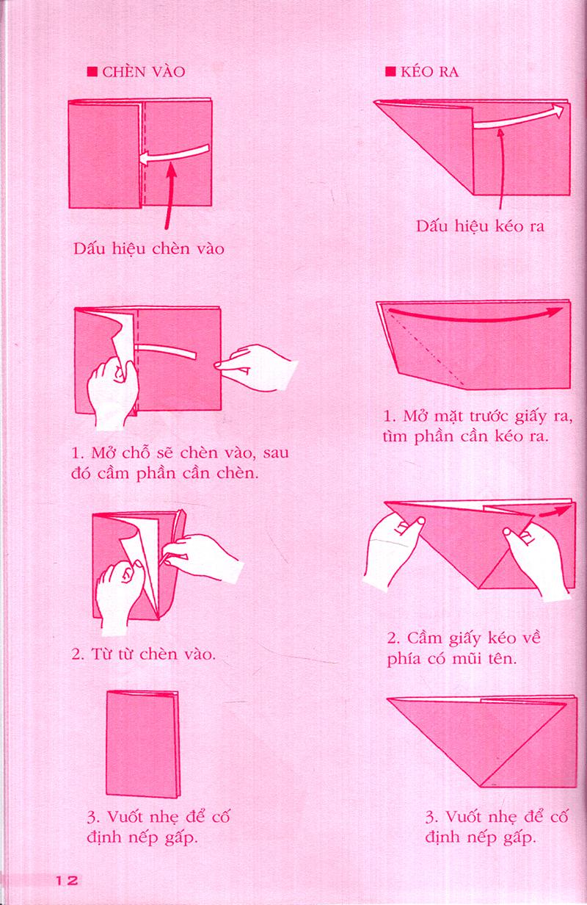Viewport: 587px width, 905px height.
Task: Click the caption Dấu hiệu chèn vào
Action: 149,248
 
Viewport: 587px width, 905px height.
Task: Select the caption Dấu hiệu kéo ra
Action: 480,226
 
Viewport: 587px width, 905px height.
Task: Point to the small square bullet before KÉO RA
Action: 390,72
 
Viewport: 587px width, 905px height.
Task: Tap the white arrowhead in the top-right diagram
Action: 559,110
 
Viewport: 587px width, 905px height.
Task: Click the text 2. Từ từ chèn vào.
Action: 143,653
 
